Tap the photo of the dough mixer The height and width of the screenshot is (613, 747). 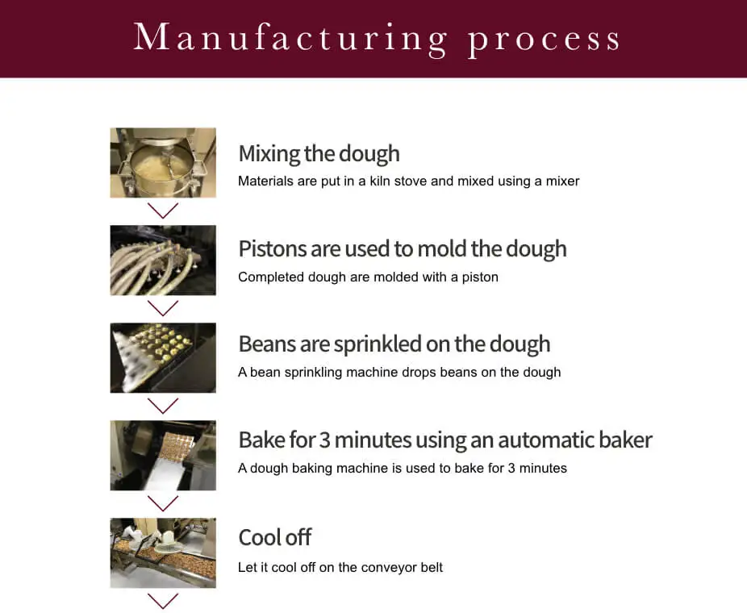[163, 162]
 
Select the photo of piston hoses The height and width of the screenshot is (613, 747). [163, 260]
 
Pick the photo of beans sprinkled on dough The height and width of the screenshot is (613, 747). [163, 357]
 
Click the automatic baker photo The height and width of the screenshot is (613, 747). [163, 455]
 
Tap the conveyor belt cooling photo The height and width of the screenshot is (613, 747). [163, 553]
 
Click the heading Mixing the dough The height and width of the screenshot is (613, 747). [319, 153]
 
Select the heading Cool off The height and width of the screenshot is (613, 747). [274, 537]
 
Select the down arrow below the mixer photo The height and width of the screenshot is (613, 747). [163, 211]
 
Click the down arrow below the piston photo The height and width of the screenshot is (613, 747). [163, 309]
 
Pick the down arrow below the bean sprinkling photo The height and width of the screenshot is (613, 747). [163, 407]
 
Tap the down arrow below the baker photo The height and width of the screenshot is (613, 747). [163, 504]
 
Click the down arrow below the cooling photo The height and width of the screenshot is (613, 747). [163, 601]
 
